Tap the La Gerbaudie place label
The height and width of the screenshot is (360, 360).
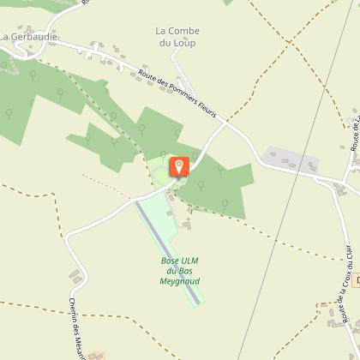[x=29, y=38]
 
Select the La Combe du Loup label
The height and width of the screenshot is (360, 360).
[x=177, y=37]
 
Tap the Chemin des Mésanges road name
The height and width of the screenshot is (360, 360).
[x=75, y=327]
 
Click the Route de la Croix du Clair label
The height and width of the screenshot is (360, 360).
[x=345, y=309]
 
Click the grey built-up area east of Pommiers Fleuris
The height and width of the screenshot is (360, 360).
[x=291, y=159]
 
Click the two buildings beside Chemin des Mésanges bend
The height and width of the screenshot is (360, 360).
[x=75, y=276]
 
